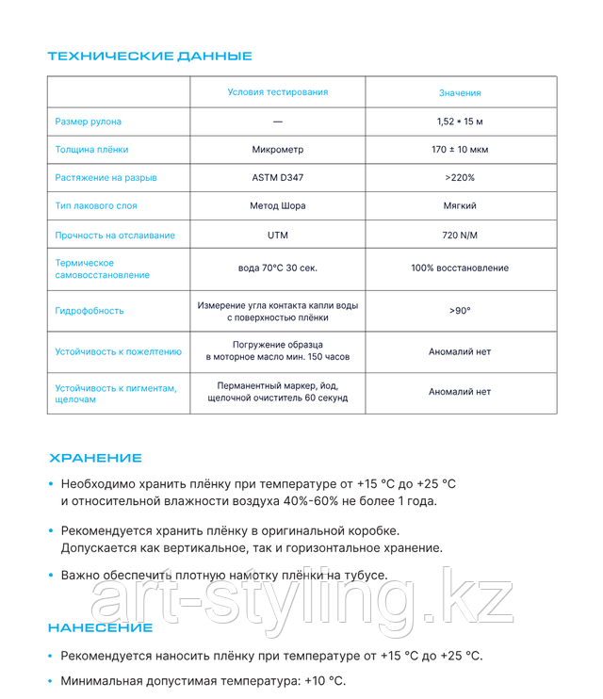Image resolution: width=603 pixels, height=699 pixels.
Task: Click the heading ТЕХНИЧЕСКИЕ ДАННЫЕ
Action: click(x=150, y=56)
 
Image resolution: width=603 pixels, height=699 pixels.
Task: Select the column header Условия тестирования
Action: click(x=278, y=92)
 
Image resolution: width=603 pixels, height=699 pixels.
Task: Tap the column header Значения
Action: click(x=460, y=93)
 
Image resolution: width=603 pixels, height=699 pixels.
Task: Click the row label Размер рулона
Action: click(x=89, y=122)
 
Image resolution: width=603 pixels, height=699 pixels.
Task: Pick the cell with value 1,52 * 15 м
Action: click(x=460, y=122)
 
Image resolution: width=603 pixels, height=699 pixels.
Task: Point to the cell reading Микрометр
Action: click(x=278, y=150)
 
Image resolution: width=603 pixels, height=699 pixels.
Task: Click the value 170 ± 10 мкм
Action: click(x=460, y=150)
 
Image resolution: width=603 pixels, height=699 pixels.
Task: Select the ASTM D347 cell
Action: click(x=278, y=177)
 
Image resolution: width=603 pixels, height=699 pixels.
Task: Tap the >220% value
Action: click(x=460, y=177)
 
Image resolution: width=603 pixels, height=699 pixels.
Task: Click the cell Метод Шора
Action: click(x=278, y=205)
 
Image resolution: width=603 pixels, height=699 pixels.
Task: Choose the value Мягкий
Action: click(x=460, y=205)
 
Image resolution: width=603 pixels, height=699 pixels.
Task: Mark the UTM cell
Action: click(x=278, y=235)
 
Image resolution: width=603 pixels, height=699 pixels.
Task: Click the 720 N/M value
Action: click(x=460, y=235)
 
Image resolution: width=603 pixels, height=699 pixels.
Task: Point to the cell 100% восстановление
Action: click(x=460, y=268)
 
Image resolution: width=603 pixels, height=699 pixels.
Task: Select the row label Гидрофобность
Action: click(x=90, y=311)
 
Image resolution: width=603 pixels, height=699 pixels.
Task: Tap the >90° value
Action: click(x=460, y=311)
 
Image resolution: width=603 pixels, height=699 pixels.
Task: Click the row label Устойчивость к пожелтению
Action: click(x=118, y=352)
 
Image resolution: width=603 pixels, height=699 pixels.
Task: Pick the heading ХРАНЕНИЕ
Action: click(x=95, y=458)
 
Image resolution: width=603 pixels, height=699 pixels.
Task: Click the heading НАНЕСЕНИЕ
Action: click(x=100, y=627)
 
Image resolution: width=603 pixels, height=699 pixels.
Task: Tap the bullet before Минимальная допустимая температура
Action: click(x=51, y=681)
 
